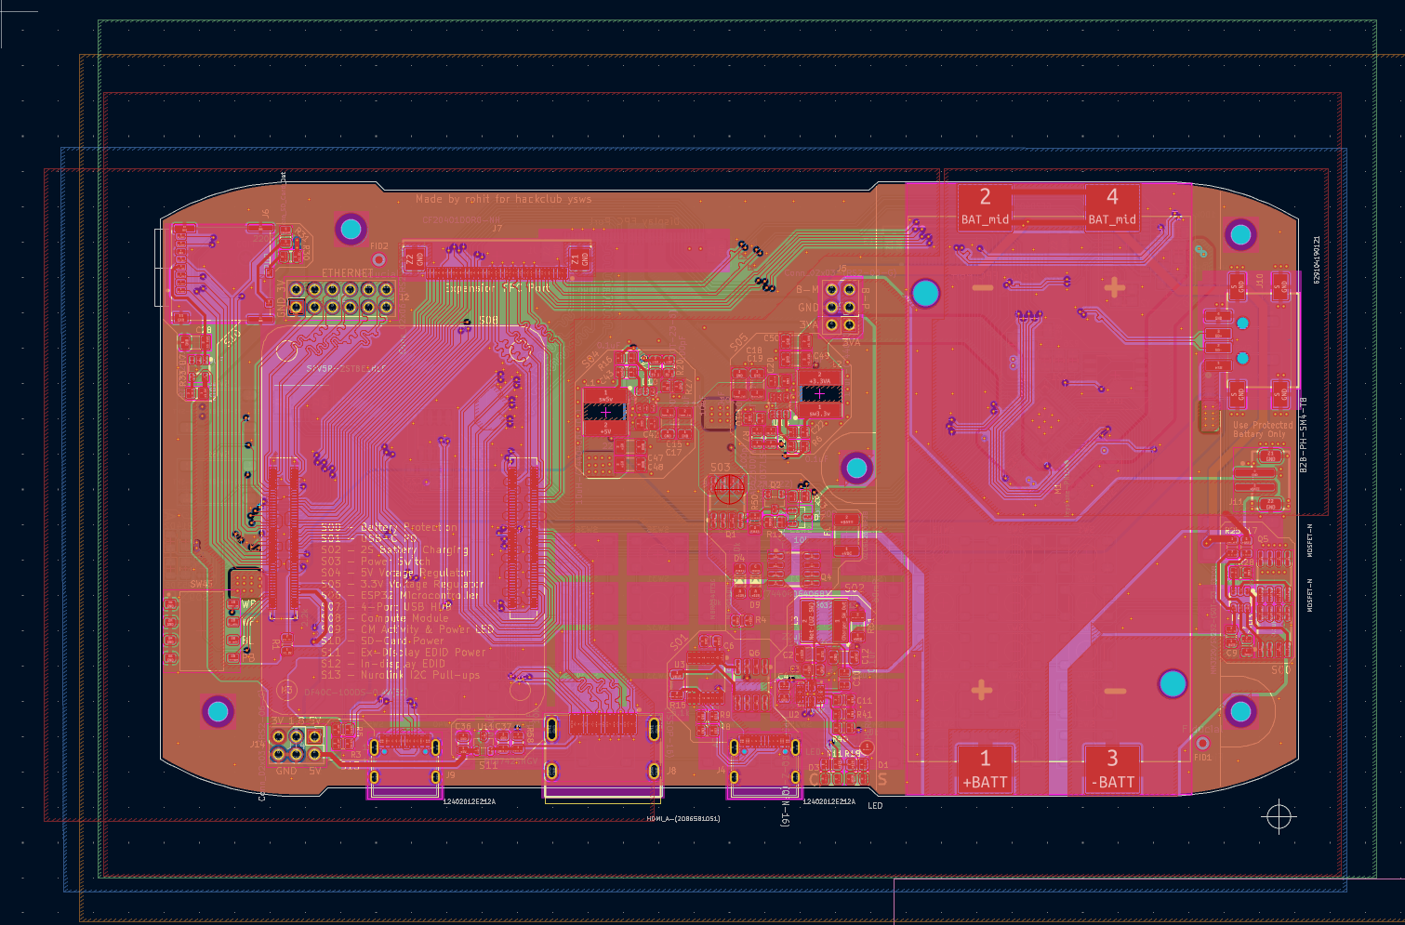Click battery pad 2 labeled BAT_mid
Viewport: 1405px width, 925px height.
(985, 205)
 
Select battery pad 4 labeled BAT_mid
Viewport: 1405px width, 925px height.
(1112, 205)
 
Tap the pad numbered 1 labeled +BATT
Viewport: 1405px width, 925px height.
(985, 768)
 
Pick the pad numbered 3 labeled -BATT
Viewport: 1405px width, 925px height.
(1112, 768)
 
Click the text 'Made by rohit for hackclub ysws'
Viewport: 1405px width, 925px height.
(503, 199)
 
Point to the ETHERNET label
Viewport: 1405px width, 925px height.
(347, 272)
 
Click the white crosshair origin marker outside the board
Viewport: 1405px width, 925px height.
(1279, 816)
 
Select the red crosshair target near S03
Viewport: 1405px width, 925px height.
(728, 488)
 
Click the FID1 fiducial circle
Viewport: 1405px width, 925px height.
(1202, 744)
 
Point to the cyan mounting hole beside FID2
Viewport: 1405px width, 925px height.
(351, 227)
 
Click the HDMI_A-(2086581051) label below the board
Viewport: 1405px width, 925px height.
(683, 819)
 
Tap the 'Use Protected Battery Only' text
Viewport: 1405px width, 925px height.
(1260, 429)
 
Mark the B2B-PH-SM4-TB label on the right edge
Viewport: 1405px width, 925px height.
(1303, 435)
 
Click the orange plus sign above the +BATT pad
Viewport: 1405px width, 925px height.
(981, 690)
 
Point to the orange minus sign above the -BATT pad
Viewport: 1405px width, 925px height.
(1115, 691)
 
